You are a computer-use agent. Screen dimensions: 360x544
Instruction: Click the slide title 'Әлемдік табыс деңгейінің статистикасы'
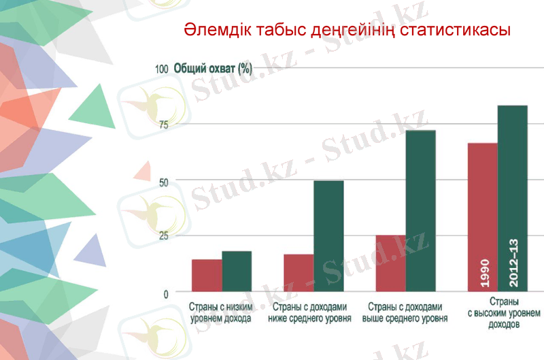coord(347,31)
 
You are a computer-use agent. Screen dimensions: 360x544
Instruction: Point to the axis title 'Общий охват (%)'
coord(214,69)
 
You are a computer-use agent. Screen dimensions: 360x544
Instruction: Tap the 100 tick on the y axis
coord(161,69)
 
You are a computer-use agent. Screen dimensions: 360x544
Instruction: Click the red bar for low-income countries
coord(207,276)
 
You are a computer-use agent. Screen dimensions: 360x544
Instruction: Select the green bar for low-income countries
coord(237,272)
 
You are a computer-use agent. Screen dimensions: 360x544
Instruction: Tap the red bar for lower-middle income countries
coord(299,273)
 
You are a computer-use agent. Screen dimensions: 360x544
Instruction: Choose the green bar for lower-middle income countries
coord(328,236)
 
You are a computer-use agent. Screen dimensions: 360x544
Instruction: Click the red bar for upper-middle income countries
coord(391,263)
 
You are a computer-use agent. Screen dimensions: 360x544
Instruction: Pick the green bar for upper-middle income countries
coord(421,211)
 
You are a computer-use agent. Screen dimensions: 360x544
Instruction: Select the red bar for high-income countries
coord(482,218)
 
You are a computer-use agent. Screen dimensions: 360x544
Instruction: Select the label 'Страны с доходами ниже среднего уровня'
coord(309,312)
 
